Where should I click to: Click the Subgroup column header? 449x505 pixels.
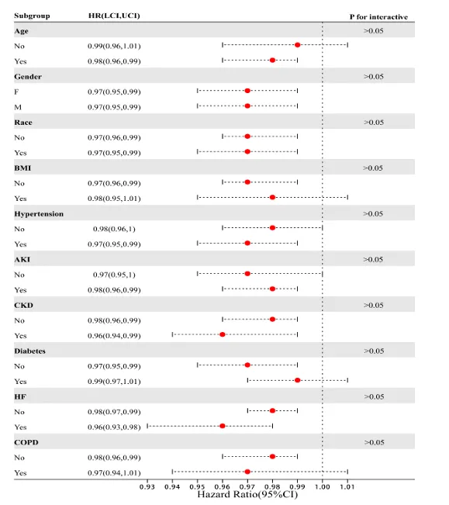click(32, 16)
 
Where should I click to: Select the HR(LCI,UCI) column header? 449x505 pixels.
click(114, 16)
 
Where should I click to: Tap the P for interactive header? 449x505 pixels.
click(378, 17)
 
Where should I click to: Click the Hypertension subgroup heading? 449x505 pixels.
click(39, 214)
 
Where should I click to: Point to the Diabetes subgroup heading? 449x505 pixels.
click(29, 351)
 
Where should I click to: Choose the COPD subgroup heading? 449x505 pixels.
click(26, 442)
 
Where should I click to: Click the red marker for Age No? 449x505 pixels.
click(298, 45)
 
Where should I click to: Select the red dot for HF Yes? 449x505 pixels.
click(223, 426)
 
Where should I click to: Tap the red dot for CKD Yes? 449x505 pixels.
click(223, 334)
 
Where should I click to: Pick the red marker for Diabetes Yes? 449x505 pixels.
click(298, 380)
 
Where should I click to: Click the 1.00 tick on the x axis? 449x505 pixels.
click(322, 486)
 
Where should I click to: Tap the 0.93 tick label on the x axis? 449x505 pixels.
click(147, 486)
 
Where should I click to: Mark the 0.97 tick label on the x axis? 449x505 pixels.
click(247, 486)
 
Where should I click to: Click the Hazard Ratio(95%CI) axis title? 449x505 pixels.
click(247, 495)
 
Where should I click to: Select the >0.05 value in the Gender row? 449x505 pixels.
click(373, 77)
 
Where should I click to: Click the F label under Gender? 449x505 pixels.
click(16, 92)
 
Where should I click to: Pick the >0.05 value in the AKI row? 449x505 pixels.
click(373, 260)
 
